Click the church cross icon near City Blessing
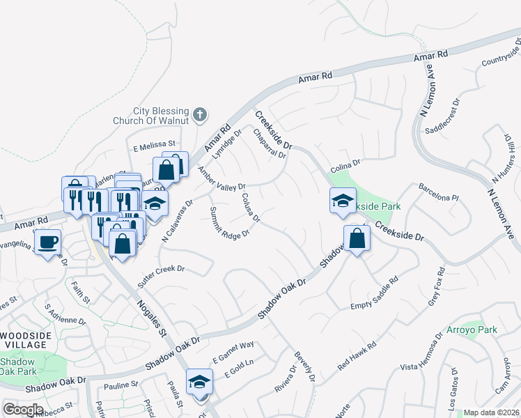pyautogui.click(x=200, y=114)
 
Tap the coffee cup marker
pyautogui.click(x=48, y=243)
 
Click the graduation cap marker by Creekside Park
pyautogui.click(x=341, y=201)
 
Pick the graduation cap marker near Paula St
pyautogui.click(x=199, y=382)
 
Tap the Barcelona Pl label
pyautogui.click(x=439, y=192)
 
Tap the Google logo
pyautogui.click(x=23, y=410)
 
